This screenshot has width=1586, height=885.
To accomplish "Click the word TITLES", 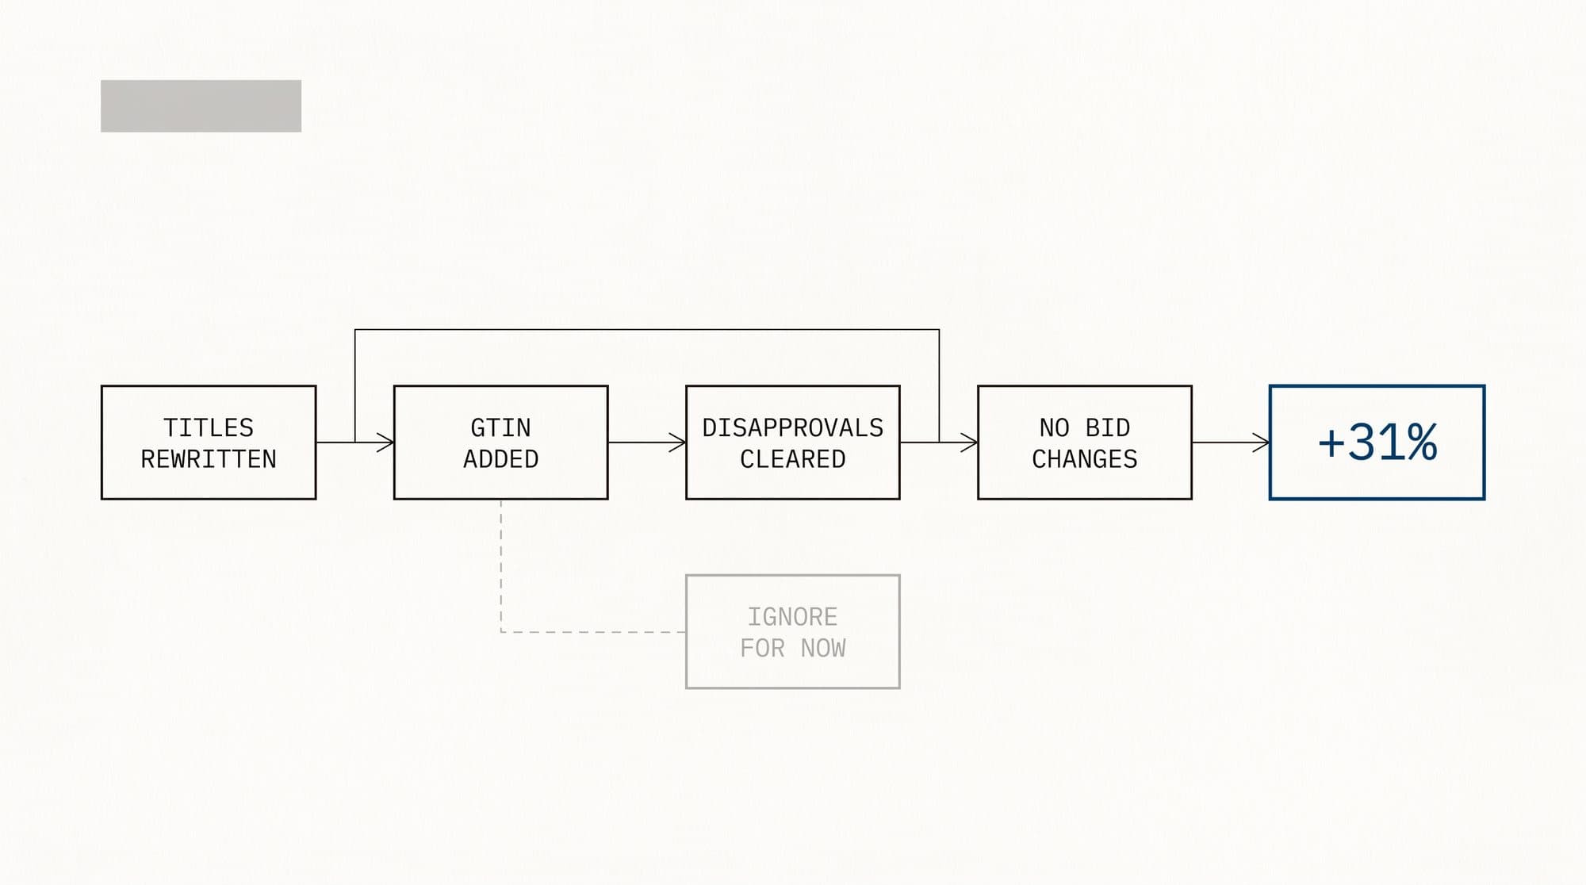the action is (209, 427).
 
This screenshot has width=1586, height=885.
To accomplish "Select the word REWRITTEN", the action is (209, 459).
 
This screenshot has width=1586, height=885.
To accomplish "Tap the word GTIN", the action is (500, 427).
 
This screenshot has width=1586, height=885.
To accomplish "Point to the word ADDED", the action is (500, 459).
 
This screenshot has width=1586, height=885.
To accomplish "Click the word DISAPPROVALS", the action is (793, 427).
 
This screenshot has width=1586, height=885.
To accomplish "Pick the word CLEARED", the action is (793, 459).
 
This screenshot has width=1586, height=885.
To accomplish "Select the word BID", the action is (1107, 427).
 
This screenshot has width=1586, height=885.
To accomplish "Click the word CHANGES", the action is (1085, 459).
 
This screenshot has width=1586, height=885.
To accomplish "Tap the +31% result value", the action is (1377, 442).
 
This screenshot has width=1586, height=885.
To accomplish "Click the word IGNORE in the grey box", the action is (792, 616).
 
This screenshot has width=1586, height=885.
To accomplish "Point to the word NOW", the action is (823, 648).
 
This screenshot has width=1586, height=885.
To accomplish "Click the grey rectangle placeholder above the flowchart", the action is (201, 105).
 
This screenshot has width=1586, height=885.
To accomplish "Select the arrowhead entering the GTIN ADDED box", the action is (386, 442).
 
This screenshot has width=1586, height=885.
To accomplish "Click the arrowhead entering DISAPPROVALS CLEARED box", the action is (678, 442).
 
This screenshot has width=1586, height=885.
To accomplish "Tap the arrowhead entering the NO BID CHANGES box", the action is (970, 442).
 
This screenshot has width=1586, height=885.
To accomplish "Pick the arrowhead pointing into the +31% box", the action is (1262, 442).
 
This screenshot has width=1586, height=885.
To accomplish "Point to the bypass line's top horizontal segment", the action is (647, 329).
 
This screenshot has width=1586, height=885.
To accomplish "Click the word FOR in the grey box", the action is (762, 648).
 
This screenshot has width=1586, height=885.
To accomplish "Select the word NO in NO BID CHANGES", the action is (1055, 427).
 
